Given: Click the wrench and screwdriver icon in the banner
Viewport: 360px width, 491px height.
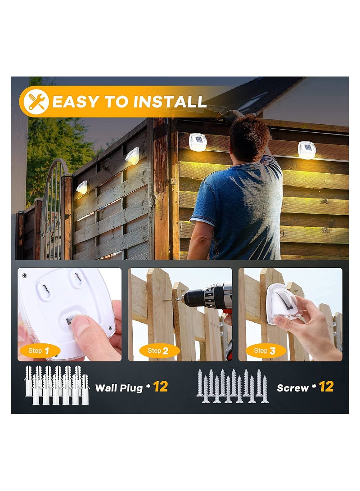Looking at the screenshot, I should coord(35,102).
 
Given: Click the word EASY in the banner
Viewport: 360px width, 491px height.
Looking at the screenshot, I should coord(77,102).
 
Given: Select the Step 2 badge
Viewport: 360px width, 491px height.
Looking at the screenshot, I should coord(153,351).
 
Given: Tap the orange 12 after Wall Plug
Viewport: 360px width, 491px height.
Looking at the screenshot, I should coord(160,387).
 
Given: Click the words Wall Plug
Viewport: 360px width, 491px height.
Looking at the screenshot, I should coord(119,387).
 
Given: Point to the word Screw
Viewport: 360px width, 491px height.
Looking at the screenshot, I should coord(292,387).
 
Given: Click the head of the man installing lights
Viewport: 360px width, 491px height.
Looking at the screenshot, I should coord(249,138).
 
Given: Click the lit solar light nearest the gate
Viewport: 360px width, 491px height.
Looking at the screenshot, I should coord(82,187).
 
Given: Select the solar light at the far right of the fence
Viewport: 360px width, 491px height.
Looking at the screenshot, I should coord(307,150).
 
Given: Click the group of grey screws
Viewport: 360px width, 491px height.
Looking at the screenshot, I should coord(232,386).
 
